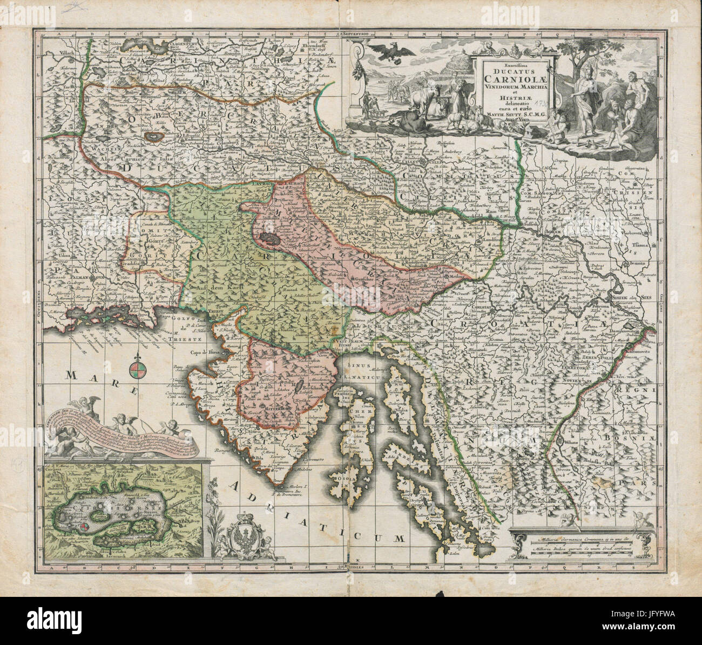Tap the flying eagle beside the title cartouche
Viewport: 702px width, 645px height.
click(397, 51)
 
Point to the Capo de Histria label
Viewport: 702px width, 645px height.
click(201, 350)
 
